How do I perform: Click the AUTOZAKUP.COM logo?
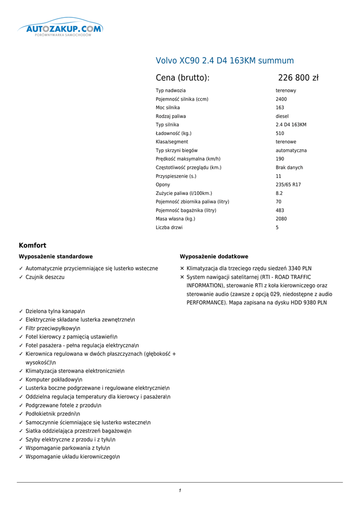tap(60, 29)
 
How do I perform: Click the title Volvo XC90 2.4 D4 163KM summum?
tap(224, 61)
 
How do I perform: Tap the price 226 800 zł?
tap(298, 78)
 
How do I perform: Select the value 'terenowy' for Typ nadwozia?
tap(286, 91)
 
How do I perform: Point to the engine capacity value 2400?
tap(281, 99)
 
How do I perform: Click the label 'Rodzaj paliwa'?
tap(171, 116)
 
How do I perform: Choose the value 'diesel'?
tap(282, 116)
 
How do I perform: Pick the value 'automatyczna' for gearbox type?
tap(291, 150)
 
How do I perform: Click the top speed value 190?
tap(280, 159)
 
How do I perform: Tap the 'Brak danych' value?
tap(289, 168)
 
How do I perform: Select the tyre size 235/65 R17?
tap(288, 185)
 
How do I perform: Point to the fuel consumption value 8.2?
tap(279, 193)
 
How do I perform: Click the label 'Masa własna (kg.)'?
tap(175, 219)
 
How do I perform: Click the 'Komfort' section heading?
tap(32, 245)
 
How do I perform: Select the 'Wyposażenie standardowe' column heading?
tap(56, 256)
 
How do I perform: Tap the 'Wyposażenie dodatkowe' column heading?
tap(214, 256)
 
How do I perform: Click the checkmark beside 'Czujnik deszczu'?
tap(21, 277)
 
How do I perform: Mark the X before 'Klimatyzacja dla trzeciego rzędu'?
tap(182, 268)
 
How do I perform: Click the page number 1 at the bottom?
tap(180, 491)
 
